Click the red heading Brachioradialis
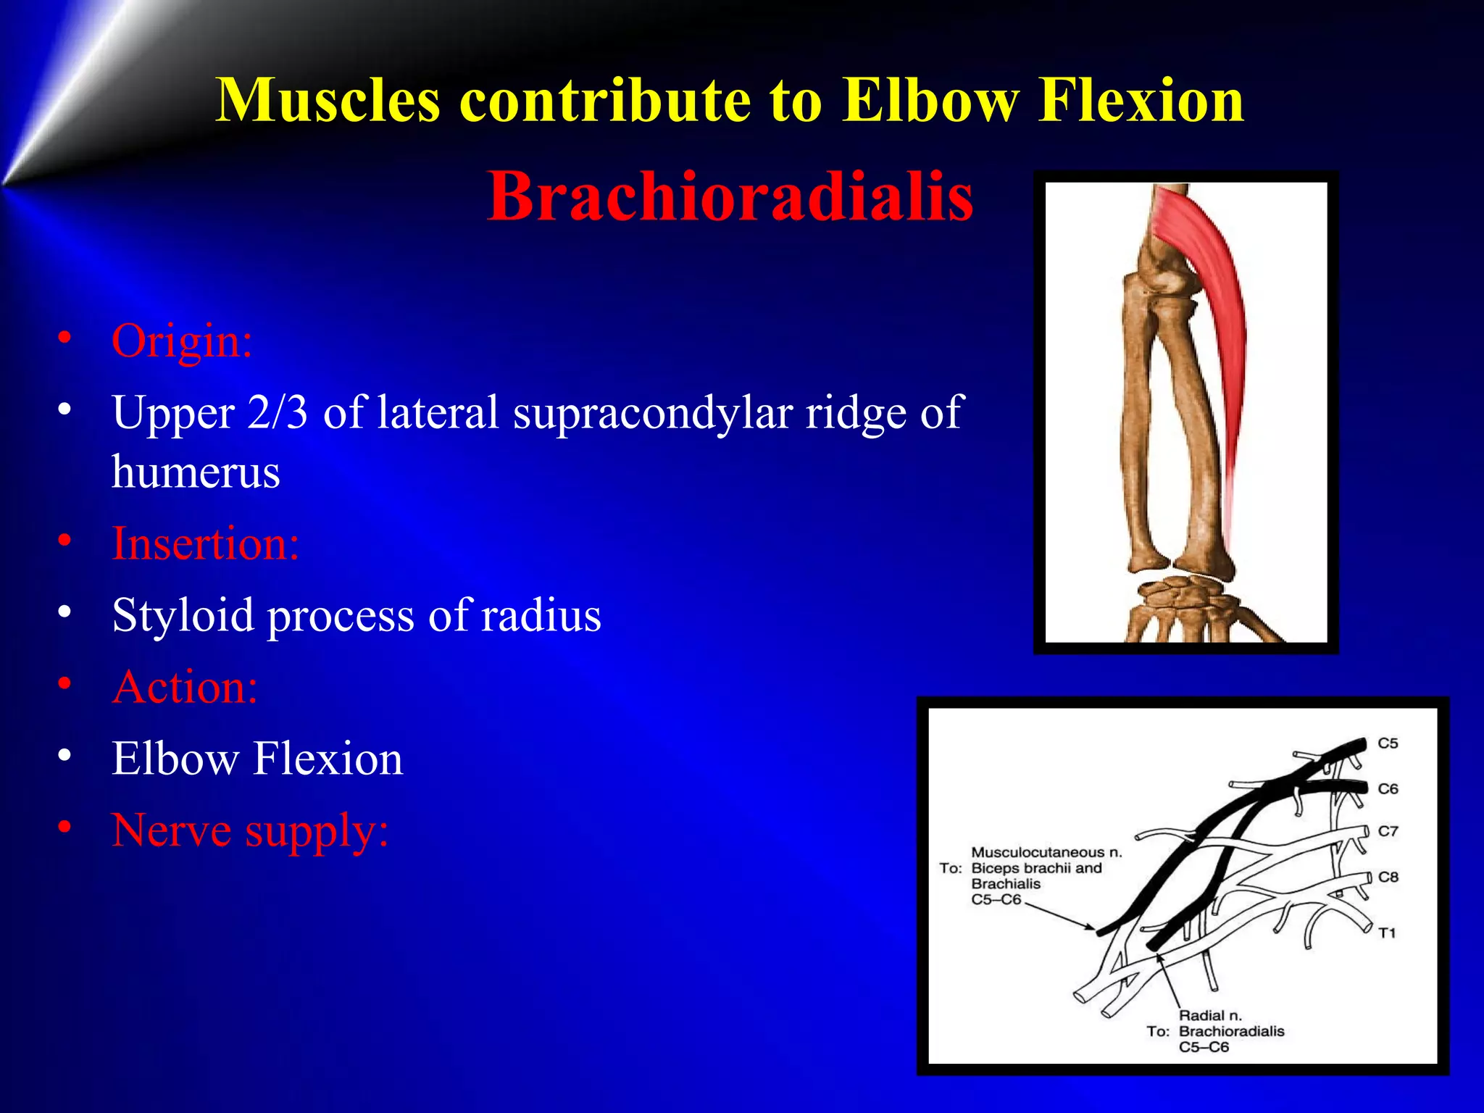click(730, 196)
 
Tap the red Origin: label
click(181, 340)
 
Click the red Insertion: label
click(205, 543)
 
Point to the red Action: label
click(185, 686)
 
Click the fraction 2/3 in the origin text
click(277, 412)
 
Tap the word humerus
click(196, 472)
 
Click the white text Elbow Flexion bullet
click(257, 759)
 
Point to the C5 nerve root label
click(1388, 743)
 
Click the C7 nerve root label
click(1388, 831)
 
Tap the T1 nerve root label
click(1387, 933)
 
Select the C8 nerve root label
click(1388, 877)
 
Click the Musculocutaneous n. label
click(1046, 852)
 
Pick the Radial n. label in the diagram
click(1209, 1015)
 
